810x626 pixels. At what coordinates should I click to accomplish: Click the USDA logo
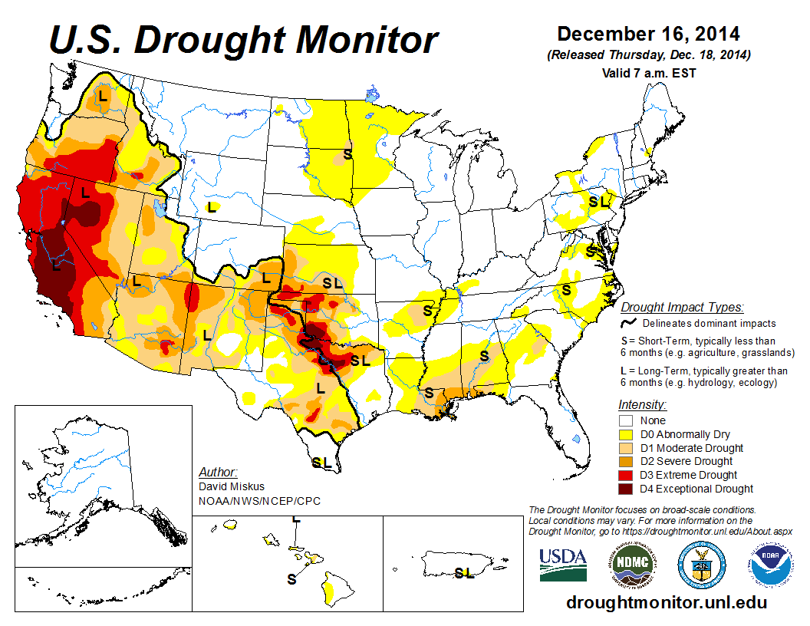point(563,565)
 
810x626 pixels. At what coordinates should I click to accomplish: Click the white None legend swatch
point(626,420)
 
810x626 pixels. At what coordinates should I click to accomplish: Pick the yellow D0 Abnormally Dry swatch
point(626,434)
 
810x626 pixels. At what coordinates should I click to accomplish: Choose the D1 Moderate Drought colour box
point(626,448)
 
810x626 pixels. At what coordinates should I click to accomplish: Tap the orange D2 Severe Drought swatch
point(626,461)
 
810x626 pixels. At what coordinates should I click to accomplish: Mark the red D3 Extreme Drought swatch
point(626,475)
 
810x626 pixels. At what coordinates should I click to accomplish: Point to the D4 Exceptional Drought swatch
point(626,489)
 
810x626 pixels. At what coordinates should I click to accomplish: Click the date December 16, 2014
point(648,35)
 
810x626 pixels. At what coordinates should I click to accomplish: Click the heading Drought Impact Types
point(682,308)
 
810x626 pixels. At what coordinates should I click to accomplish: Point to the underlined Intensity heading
point(642,404)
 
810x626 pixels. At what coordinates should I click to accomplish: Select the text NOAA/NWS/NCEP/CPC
point(259,501)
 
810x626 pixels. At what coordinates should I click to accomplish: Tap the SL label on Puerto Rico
point(464,572)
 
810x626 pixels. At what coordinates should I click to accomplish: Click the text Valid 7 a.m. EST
point(648,72)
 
